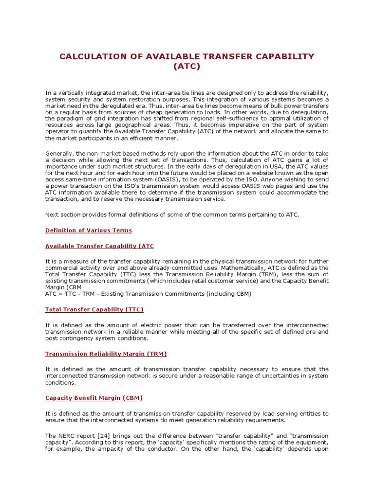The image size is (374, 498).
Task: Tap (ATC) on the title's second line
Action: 187,67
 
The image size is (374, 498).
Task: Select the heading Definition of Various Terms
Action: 88,230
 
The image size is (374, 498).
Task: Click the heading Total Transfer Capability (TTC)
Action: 94,309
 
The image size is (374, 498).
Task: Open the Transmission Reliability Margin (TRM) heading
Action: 106,354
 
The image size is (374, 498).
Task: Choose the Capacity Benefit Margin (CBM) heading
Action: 93,398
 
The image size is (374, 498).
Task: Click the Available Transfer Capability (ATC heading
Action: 99,246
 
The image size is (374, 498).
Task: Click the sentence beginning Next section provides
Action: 172,214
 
